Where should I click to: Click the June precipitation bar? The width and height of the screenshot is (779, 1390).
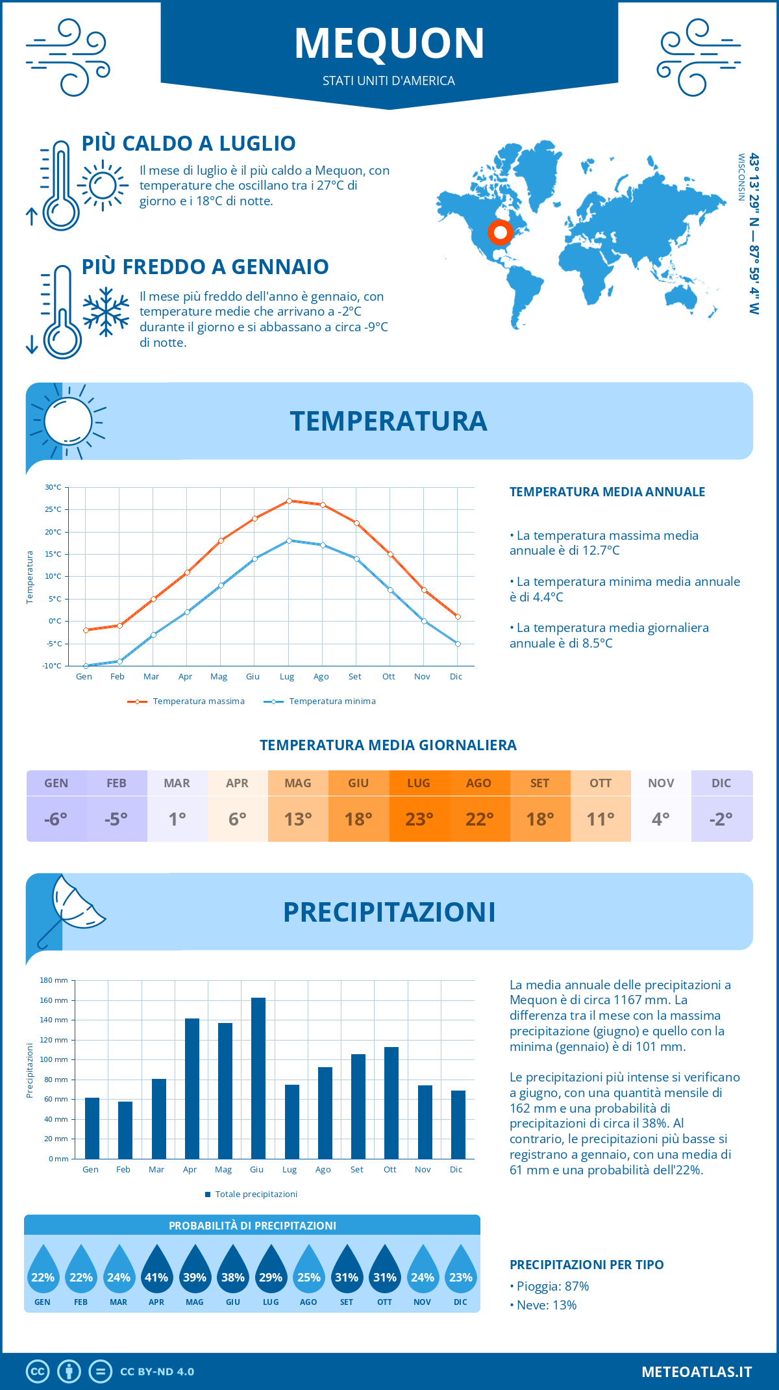tap(258, 1078)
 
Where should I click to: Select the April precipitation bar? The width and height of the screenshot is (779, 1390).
tap(192, 1089)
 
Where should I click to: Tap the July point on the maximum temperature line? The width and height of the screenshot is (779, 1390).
tap(289, 501)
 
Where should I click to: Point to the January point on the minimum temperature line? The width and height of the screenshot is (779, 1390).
tap(86, 666)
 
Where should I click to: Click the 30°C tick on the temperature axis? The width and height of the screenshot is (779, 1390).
tap(53, 487)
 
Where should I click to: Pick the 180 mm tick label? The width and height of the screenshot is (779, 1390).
tap(55, 980)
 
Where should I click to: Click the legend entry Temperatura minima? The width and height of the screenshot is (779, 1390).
tap(332, 701)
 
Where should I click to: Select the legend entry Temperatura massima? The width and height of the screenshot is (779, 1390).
tap(198, 701)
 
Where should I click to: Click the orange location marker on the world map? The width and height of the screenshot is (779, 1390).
tap(500, 232)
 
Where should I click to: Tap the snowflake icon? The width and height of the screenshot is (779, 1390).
tap(106, 312)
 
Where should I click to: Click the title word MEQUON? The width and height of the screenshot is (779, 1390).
tap(389, 44)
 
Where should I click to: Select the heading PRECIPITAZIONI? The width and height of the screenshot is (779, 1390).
tap(389, 912)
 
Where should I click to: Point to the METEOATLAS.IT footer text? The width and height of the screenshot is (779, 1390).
tap(696, 1372)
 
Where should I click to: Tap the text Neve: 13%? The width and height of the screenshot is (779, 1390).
tap(546, 1306)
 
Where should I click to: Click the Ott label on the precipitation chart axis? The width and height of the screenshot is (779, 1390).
tap(389, 1170)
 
